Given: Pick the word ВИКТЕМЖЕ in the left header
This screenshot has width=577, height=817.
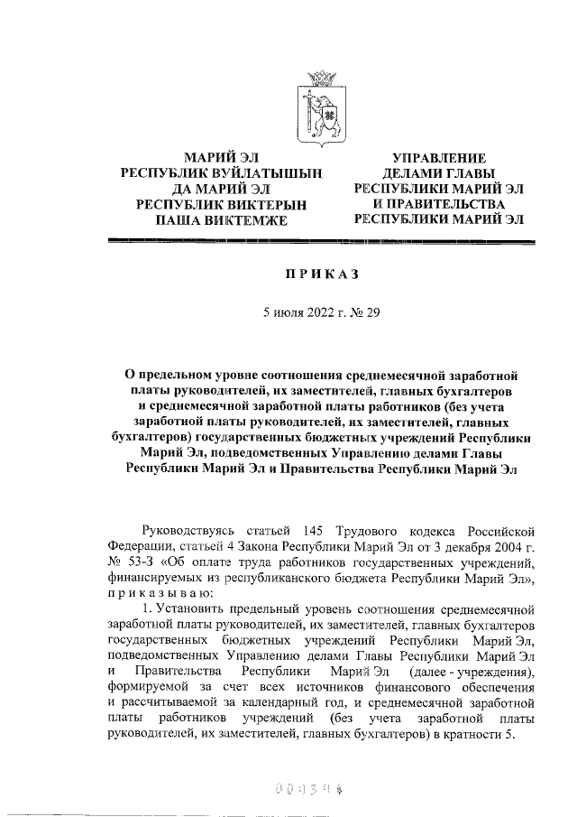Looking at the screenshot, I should pyautogui.click(x=246, y=219).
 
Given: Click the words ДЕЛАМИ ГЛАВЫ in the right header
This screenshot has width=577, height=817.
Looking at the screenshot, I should pyautogui.click(x=438, y=173).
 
